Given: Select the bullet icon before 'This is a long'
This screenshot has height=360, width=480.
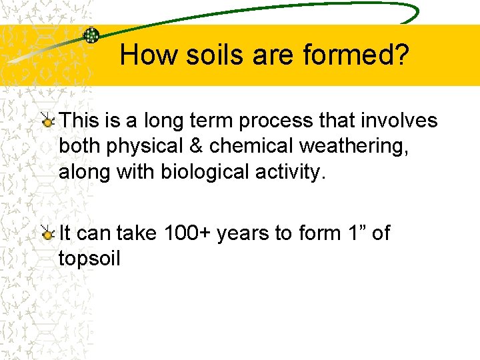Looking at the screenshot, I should tap(49, 121).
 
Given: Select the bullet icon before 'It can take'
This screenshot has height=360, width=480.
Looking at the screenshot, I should tap(49, 233).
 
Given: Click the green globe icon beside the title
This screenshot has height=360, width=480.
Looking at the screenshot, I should tap(91, 35).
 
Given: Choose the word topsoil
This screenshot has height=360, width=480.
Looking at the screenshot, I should tap(89, 259).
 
